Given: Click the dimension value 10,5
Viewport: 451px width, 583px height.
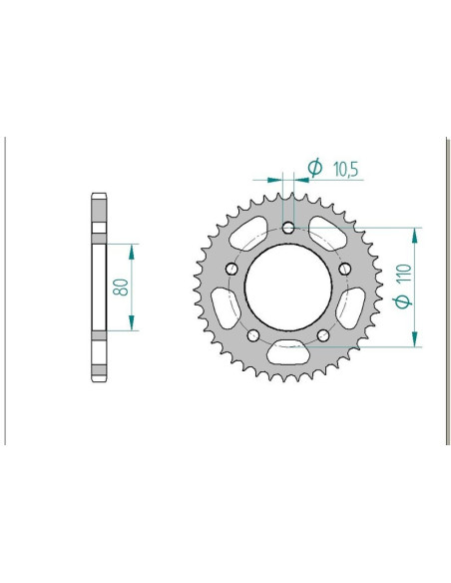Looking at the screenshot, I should click(x=346, y=170).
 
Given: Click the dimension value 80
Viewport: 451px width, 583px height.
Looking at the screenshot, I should click(x=119, y=287).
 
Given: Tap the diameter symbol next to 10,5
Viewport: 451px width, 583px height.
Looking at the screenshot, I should click(x=314, y=169).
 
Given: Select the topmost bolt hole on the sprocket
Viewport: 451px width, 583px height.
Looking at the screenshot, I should click(x=288, y=229).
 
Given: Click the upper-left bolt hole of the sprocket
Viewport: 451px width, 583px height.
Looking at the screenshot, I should click(x=230, y=270).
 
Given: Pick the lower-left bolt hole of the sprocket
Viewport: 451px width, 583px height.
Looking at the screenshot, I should click(x=252, y=335).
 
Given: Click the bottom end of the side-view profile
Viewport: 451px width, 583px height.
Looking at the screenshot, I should click(x=99, y=378).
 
